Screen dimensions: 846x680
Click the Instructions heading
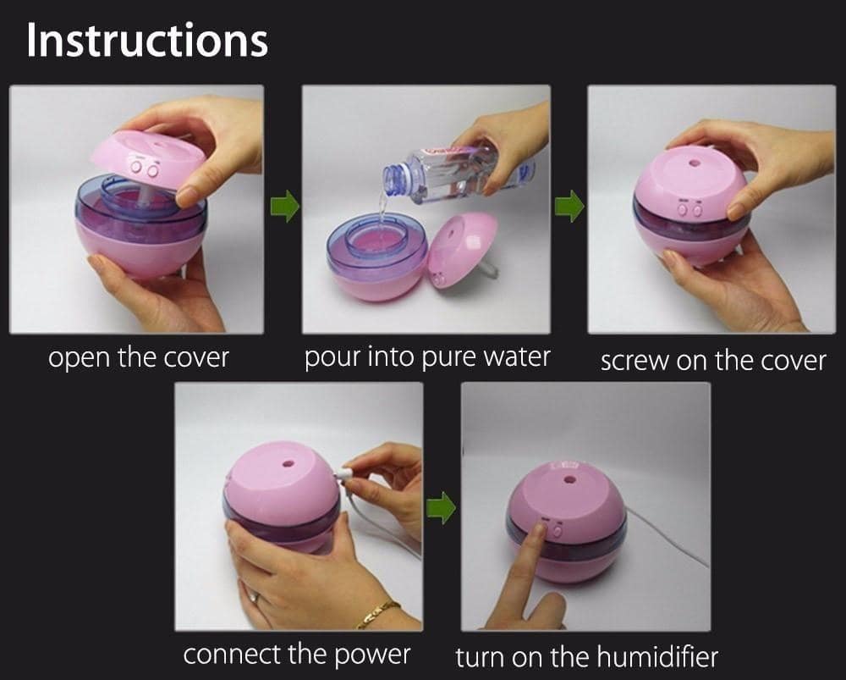tap(146, 40)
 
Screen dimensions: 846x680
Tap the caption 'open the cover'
tap(139, 358)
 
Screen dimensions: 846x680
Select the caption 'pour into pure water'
tap(426, 357)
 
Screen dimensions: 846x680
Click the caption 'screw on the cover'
tap(712, 361)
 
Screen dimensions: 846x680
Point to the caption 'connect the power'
tap(297, 655)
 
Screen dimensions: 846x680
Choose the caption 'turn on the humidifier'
tap(586, 657)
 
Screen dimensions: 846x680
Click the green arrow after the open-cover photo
tap(284, 206)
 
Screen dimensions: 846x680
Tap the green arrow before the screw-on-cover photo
tap(569, 206)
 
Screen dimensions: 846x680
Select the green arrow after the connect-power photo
tap(441, 508)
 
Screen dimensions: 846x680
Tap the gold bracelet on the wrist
tap(378, 614)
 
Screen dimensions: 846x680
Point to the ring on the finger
tap(254, 596)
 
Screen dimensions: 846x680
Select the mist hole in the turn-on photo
tap(569, 479)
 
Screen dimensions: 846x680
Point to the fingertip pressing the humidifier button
tap(537, 529)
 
